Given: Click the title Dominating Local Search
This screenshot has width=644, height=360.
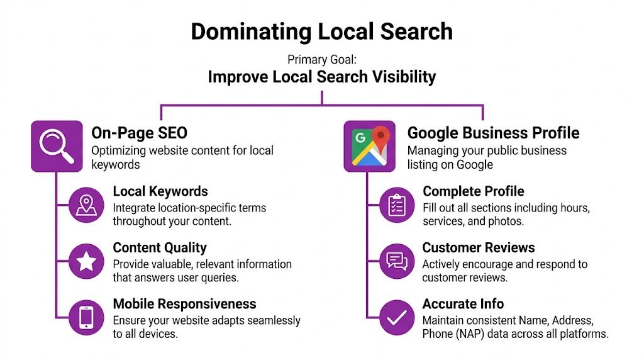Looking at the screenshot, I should pyautogui.click(x=321, y=31).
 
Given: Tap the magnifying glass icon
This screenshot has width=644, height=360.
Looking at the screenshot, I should pyautogui.click(x=57, y=146).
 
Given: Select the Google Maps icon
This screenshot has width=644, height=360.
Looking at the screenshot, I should pyautogui.click(x=369, y=146).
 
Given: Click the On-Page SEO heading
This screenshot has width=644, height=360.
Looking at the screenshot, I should pyautogui.click(x=139, y=133).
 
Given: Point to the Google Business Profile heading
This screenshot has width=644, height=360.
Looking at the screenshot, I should pyautogui.click(x=493, y=133).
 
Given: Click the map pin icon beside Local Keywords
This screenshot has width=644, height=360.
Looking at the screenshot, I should pyautogui.click(x=86, y=205).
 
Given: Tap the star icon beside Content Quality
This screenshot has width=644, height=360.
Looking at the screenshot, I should pyautogui.click(x=86, y=261).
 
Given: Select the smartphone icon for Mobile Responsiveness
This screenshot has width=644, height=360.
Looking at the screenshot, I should pyautogui.click(x=86, y=317).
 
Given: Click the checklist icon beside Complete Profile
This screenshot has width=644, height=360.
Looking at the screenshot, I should pyautogui.click(x=397, y=205).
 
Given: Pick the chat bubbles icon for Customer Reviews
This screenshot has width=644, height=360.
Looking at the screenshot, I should pyautogui.click(x=397, y=261).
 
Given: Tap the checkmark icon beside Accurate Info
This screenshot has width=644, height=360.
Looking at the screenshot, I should pyautogui.click(x=397, y=317).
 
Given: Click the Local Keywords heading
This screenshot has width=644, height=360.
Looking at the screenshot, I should pyautogui.click(x=160, y=191).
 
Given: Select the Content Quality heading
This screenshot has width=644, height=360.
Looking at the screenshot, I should pyautogui.click(x=160, y=248).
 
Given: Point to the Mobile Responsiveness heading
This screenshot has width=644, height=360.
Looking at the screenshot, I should pyautogui.click(x=184, y=304).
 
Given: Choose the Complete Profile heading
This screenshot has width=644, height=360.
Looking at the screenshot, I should pyautogui.click(x=473, y=191).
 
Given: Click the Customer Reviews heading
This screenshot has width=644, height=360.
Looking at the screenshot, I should pyautogui.click(x=479, y=248).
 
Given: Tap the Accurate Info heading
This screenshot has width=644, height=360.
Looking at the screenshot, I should pyautogui.click(x=463, y=304).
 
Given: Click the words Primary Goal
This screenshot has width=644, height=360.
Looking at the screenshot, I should pyautogui.click(x=321, y=60).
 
